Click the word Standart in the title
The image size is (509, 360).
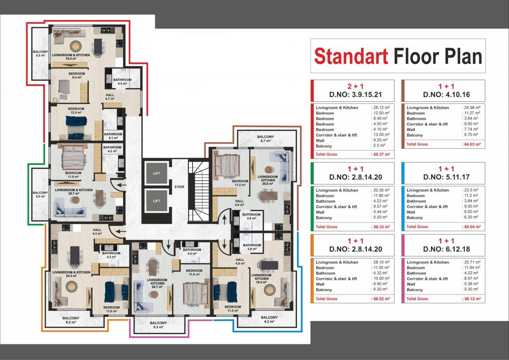[x=351, y=56]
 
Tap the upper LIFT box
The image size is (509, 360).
[x=157, y=173]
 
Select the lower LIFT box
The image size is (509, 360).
[x=157, y=201]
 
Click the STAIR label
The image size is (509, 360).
[x=179, y=187]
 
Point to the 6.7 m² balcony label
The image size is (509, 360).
[x=266, y=139]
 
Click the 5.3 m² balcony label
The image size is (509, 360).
[x=158, y=325]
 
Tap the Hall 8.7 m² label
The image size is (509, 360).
[x=110, y=97]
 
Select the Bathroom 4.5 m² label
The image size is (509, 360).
[x=123, y=81]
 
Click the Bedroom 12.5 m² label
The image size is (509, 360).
[x=76, y=111]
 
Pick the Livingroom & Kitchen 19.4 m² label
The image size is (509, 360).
[x=71, y=57]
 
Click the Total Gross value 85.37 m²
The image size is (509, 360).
[x=381, y=154]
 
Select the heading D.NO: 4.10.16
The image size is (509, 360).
[x=447, y=95]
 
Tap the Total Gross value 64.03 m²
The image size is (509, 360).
[x=472, y=144]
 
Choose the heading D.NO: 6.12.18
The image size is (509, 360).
[x=447, y=249]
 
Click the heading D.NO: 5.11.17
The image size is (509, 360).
[x=447, y=177]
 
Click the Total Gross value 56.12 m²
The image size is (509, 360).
[x=472, y=299]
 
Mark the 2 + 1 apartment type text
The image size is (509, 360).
[x=355, y=87]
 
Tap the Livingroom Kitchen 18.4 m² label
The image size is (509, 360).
[x=261, y=279]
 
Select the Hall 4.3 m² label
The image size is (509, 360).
[x=97, y=232]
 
